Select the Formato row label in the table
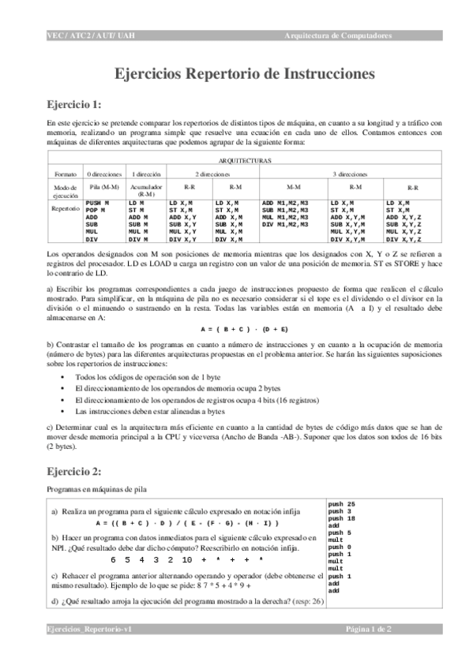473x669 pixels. (66, 174)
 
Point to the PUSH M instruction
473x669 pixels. (96, 204)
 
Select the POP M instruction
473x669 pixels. (94, 210)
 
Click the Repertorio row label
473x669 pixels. (66, 209)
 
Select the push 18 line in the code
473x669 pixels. (341, 518)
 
